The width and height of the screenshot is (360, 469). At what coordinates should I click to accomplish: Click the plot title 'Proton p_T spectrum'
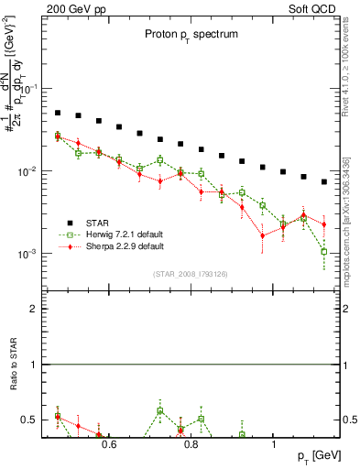(190, 34)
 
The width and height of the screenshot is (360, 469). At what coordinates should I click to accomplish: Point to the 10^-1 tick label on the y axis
(29, 90)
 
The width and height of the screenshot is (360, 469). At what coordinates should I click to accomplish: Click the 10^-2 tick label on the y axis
(29, 172)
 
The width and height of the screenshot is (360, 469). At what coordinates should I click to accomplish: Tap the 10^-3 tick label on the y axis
(29, 254)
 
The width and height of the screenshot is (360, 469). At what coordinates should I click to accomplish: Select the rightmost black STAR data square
(324, 181)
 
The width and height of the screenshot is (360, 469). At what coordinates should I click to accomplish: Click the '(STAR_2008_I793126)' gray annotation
(190, 274)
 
